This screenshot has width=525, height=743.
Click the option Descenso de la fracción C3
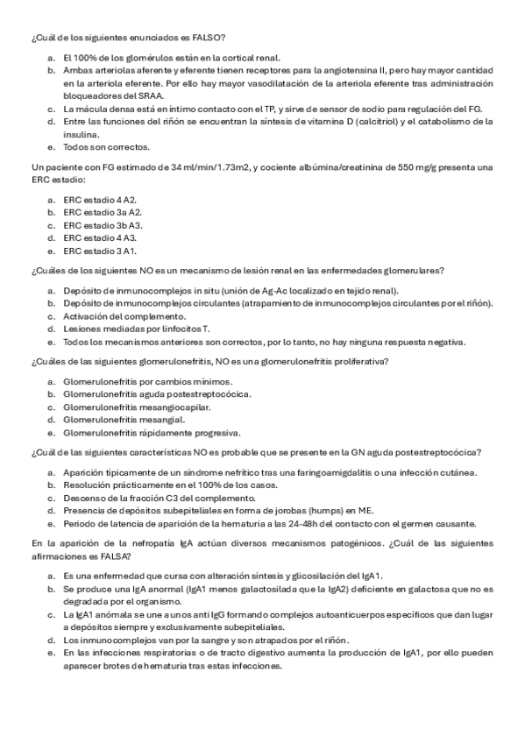(138, 498)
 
